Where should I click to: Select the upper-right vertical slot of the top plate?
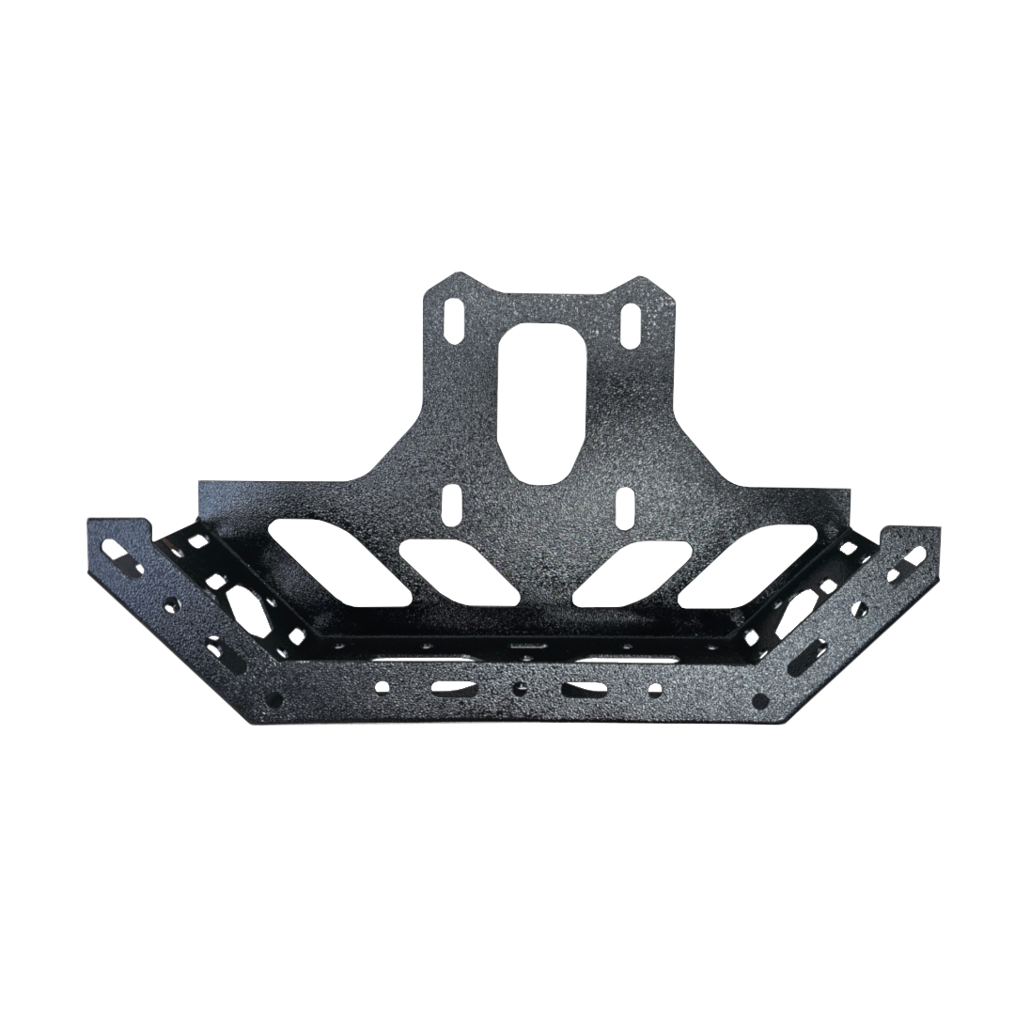pos(630,322)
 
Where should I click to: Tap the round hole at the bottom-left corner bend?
pos(273,699)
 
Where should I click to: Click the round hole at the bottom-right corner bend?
pos(760,700)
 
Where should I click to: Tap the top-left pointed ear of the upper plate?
pos(458,278)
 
